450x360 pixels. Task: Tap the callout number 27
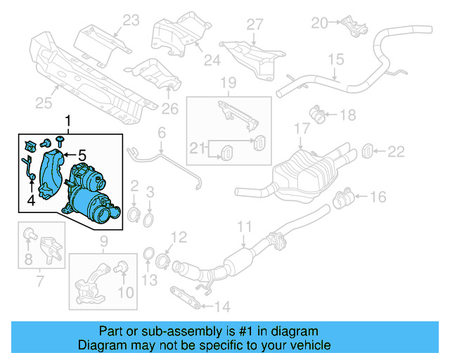[x=254, y=24]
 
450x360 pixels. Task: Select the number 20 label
[x=320, y=23]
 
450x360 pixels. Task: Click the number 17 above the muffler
[x=302, y=129]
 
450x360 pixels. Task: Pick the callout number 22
[x=397, y=150]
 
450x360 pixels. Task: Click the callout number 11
[x=243, y=226]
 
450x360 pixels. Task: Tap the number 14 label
[x=221, y=306]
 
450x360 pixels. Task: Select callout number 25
[x=44, y=104]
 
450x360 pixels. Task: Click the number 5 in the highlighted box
[x=82, y=155]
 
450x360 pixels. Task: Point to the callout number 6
[x=161, y=132]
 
